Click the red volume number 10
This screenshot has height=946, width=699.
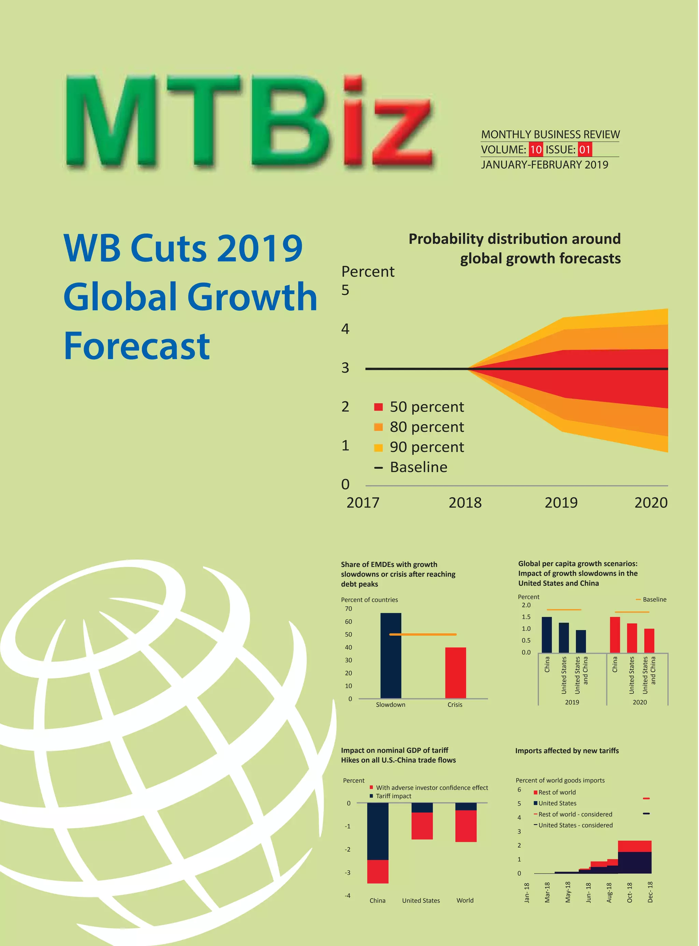tap(535, 150)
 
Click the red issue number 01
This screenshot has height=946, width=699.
tap(585, 150)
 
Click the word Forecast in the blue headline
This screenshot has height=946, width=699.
tap(137, 346)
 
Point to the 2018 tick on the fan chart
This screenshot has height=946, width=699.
tap(465, 503)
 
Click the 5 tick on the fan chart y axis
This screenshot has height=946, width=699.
tap(345, 291)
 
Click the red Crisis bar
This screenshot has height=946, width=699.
tap(455, 673)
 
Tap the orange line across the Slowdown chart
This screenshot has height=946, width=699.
tap(423, 634)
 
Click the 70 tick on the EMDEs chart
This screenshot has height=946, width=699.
tap(348, 609)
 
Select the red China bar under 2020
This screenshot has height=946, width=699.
tap(614, 635)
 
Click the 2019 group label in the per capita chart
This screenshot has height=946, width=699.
tap(572, 702)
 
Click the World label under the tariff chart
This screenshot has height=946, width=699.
tap(465, 900)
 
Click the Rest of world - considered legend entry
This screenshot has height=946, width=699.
tap(575, 814)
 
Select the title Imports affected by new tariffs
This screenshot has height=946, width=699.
tap(567, 751)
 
